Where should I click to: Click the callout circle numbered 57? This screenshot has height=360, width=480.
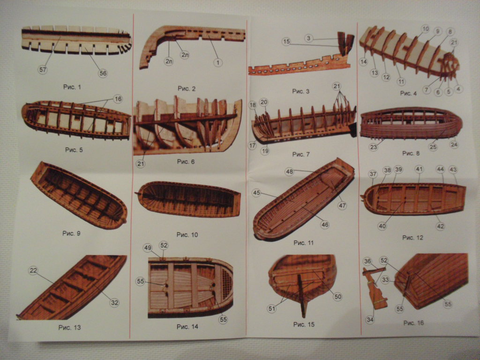(43, 69)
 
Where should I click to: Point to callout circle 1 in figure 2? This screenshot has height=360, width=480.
(219, 61)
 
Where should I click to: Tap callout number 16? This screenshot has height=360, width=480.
(118, 99)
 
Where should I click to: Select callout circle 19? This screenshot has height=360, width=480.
(265, 151)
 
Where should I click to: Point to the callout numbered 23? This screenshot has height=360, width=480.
(374, 147)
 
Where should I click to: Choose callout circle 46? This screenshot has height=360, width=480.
(325, 225)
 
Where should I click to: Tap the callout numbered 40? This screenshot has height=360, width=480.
(382, 226)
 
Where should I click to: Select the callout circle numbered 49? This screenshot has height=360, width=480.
(148, 247)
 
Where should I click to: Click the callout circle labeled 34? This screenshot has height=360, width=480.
(370, 320)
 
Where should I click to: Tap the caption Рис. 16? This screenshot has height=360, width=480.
(413, 323)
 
